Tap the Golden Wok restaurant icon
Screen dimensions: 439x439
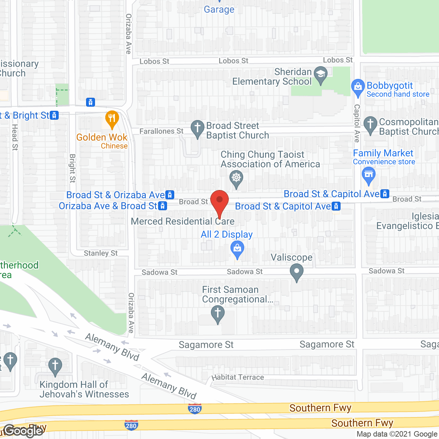112,118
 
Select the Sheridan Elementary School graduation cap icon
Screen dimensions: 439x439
321,74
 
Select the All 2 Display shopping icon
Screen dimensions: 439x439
237,248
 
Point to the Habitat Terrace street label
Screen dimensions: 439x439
238,377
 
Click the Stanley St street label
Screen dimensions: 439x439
100,253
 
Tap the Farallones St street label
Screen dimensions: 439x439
161,131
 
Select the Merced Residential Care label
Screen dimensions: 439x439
182,222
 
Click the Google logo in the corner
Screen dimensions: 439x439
24,430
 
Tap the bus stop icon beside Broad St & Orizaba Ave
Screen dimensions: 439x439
170,195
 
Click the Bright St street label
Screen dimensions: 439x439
72,168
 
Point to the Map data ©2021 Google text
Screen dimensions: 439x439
397,434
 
